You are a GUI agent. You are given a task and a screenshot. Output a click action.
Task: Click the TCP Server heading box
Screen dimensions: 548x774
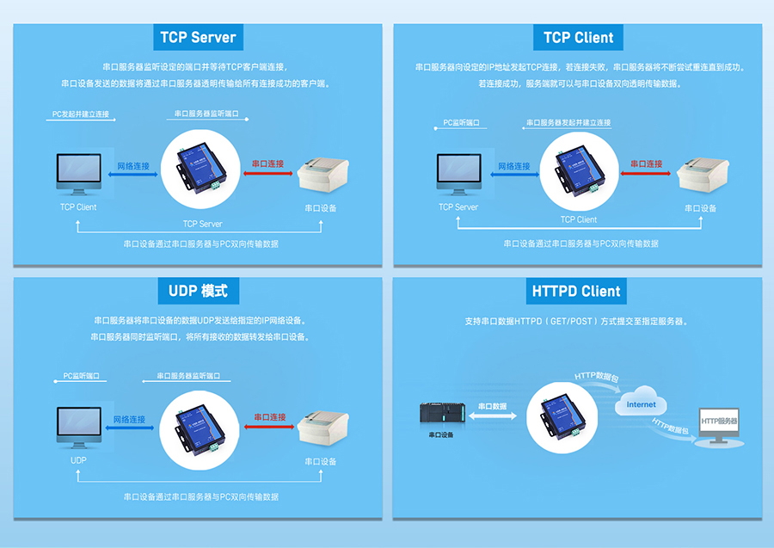[x=197, y=37]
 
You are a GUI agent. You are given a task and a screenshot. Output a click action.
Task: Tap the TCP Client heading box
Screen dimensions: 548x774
[x=578, y=37]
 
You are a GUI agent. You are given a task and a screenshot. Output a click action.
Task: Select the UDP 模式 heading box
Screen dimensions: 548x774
[x=197, y=291]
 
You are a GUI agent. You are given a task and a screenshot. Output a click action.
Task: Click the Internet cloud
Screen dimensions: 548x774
[x=641, y=405]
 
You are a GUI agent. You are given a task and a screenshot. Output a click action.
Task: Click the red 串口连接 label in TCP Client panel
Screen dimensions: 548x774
[x=647, y=163]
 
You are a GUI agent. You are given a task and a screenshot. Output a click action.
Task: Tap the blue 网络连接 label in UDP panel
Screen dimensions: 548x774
[x=130, y=419]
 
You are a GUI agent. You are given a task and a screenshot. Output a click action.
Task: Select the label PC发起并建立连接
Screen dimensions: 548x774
[x=80, y=114]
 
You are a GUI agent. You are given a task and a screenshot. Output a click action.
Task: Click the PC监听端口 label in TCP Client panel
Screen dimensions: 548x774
[x=461, y=123]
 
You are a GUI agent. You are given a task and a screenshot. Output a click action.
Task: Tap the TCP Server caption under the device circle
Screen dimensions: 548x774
[x=202, y=224]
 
